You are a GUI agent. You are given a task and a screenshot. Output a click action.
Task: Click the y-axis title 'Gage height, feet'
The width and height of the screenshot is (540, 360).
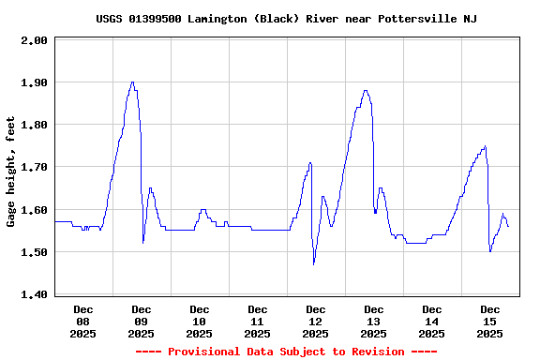click(x=11, y=172)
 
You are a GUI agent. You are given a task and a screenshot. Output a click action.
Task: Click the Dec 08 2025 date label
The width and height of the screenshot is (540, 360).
click(x=83, y=321)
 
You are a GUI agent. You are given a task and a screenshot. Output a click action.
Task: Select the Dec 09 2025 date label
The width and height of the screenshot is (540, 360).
click(x=142, y=321)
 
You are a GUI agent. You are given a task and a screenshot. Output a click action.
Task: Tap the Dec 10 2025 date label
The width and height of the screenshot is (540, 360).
click(x=200, y=321)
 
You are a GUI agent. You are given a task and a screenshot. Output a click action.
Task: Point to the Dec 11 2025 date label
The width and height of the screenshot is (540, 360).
click(x=258, y=321)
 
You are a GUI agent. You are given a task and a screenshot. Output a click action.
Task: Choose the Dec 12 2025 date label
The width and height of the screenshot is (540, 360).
click(x=316, y=321)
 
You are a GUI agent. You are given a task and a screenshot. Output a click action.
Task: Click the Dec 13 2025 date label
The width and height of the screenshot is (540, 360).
click(x=374, y=321)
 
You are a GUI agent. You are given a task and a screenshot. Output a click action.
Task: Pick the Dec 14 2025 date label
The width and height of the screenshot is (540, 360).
click(x=432, y=321)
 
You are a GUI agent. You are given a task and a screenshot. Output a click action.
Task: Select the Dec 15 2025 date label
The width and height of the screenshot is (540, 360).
click(x=490, y=321)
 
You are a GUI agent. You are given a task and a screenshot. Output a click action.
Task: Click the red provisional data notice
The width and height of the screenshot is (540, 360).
click(x=286, y=352)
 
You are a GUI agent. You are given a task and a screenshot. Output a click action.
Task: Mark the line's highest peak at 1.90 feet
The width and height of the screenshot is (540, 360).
click(x=132, y=82)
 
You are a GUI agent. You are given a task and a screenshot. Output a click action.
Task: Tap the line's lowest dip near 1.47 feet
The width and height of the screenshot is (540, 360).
click(x=314, y=264)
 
